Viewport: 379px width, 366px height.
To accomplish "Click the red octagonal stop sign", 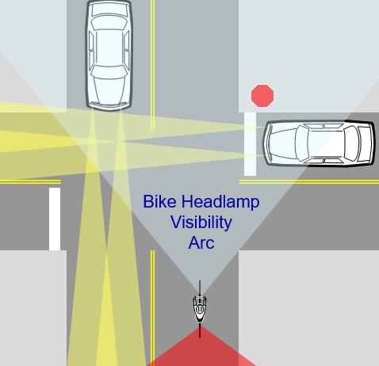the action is (262, 96).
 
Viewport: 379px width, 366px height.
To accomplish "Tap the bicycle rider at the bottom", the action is (200, 309).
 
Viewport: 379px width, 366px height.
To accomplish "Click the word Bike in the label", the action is (159, 201).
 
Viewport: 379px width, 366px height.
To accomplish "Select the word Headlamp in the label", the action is (220, 202).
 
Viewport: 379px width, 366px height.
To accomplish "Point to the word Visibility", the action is (201, 223).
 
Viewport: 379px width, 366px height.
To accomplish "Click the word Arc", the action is (201, 242).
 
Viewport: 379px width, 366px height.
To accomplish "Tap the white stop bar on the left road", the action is (55, 219).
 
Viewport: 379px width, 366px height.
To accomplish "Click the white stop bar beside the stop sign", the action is (250, 144).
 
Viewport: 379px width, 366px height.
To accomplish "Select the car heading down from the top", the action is (109, 55).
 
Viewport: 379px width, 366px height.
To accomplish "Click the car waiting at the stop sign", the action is (319, 143).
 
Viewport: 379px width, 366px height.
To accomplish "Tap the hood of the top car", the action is (109, 90).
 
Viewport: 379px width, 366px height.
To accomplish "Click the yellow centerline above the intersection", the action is (153, 65).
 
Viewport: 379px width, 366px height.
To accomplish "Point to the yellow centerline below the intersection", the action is (153, 308).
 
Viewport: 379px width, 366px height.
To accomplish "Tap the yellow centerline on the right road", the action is (309, 181).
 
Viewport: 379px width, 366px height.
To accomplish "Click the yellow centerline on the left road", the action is (30, 181).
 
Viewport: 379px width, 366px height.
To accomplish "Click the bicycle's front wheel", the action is (200, 288).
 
